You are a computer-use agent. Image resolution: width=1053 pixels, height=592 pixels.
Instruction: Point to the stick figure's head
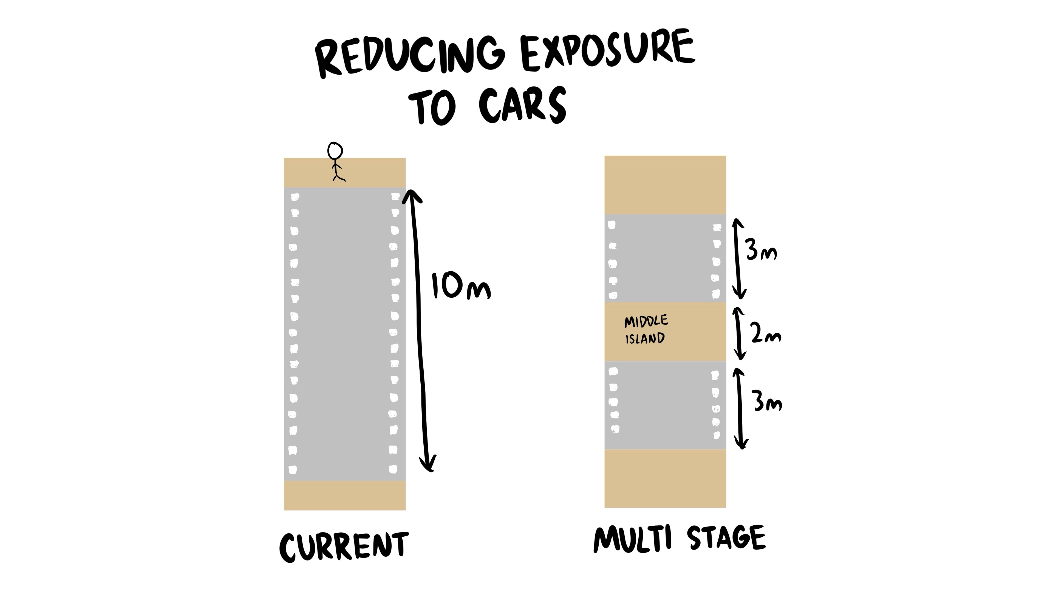pos(335,151)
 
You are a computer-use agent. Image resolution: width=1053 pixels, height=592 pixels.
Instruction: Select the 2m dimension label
pos(766,335)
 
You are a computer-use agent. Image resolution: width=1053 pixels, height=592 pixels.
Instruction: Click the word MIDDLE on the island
pos(646,321)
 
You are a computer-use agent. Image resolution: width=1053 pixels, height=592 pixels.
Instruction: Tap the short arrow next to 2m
pos(739,333)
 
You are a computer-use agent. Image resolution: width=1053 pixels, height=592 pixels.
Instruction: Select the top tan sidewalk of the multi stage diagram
pos(665,185)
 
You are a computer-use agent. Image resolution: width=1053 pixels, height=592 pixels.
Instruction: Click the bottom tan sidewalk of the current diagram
pos(345,495)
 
